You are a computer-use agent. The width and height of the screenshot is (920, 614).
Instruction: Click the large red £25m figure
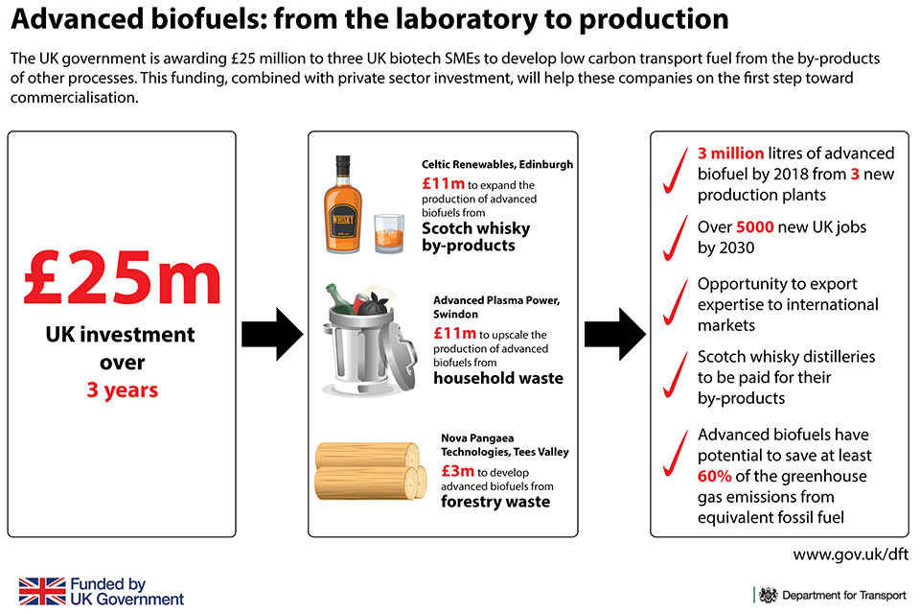122,276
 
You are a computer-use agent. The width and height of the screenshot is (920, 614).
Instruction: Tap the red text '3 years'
122,390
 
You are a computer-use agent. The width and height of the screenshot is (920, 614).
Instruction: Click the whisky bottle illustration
343,204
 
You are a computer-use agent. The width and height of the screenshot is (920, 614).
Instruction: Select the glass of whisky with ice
389,233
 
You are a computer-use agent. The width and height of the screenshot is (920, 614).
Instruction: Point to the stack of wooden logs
371,471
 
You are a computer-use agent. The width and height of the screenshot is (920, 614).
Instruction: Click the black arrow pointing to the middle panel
272,334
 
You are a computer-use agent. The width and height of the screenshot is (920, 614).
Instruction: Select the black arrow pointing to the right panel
615,334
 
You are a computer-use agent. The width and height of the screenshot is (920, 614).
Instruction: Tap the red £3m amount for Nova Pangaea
458,471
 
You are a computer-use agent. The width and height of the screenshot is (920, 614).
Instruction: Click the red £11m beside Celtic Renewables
443,184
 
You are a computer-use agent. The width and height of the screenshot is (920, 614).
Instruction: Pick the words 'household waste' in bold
498,378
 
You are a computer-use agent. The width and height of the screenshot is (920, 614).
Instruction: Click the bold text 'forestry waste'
495,501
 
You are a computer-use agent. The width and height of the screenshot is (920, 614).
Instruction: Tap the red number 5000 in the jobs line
754,226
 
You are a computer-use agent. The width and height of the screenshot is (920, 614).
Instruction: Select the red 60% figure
715,476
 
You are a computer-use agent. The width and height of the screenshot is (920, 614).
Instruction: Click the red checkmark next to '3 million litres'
676,171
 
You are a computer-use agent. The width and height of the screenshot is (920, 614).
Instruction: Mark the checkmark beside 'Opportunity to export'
676,302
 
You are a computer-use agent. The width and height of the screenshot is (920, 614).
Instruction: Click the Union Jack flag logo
42,591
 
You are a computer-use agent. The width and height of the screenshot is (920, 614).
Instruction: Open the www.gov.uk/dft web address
850,555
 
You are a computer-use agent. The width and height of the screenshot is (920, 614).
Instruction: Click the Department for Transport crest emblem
768,595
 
